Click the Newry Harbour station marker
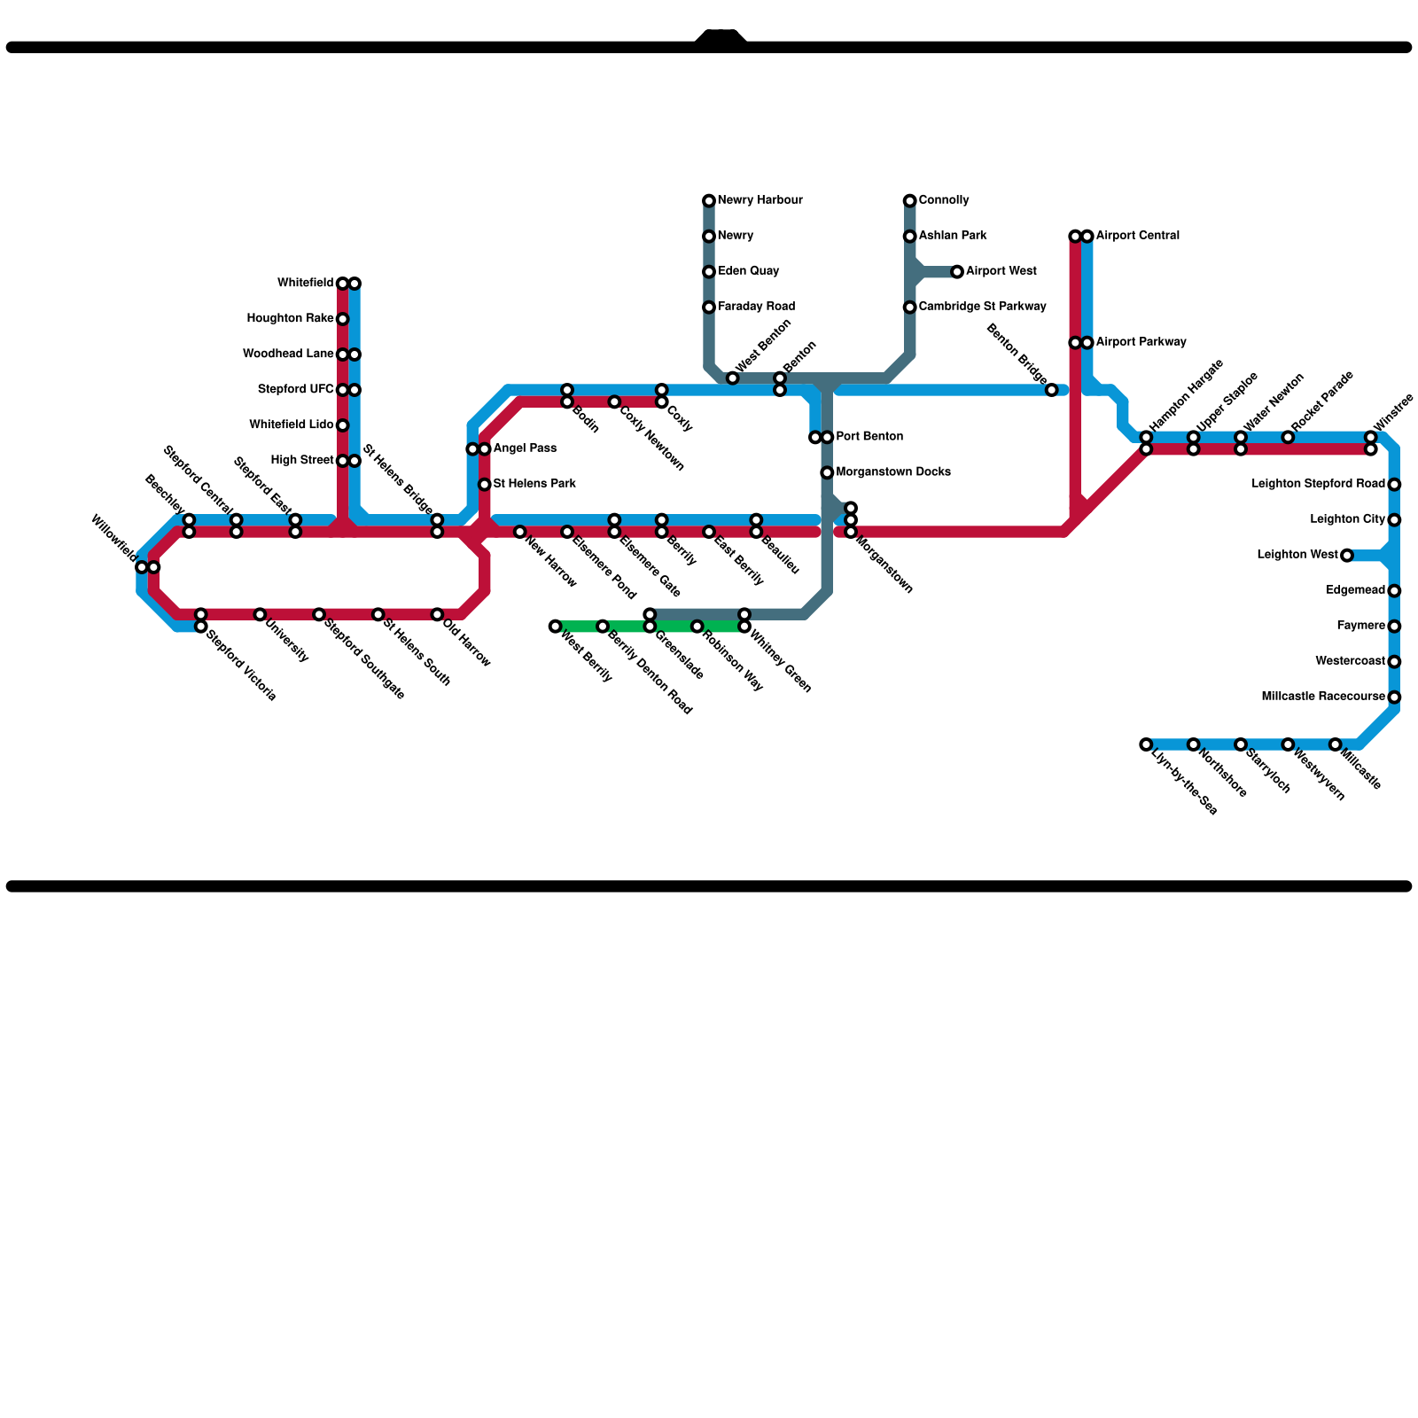click(x=709, y=201)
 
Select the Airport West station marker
click(x=957, y=272)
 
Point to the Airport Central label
click(x=1137, y=236)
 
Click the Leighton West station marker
click(x=1347, y=556)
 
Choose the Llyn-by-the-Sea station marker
click(x=1146, y=744)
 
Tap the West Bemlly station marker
click(x=555, y=627)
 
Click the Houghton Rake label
click(x=290, y=319)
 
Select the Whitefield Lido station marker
click(x=342, y=425)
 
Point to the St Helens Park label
click(x=534, y=484)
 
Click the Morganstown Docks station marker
click(x=827, y=472)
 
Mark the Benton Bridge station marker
click(x=1051, y=390)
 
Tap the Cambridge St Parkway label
click(x=982, y=307)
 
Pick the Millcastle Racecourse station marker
click(x=1394, y=697)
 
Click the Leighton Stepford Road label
click(x=1318, y=484)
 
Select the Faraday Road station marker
click(x=709, y=308)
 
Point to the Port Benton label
click(x=869, y=437)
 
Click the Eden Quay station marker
click(x=709, y=272)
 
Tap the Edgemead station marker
click(x=1394, y=591)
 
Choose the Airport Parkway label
click(x=1141, y=342)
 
